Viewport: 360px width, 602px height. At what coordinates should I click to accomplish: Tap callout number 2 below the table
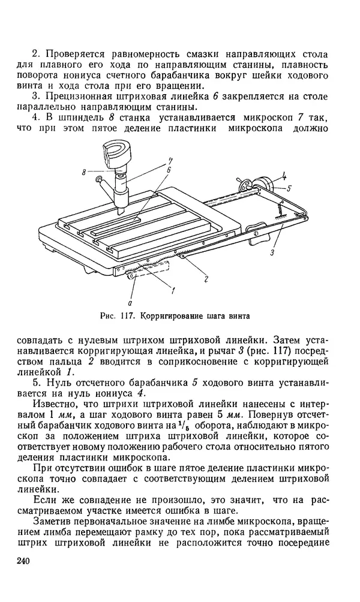[x=205, y=278]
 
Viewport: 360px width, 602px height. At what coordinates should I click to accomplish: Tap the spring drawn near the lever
[x=279, y=212]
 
